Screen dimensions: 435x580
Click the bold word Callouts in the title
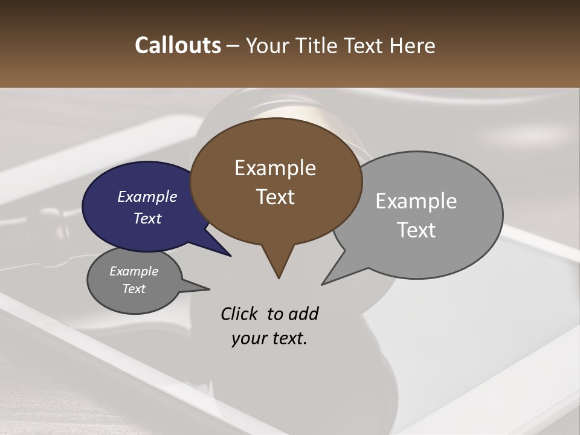pyautogui.click(x=178, y=45)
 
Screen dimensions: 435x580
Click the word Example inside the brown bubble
pyautogui.click(x=275, y=168)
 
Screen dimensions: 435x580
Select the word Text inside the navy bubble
pyautogui.click(x=147, y=219)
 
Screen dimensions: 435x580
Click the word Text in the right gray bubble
pyautogui.click(x=416, y=230)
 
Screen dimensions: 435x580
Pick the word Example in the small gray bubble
pyautogui.click(x=134, y=272)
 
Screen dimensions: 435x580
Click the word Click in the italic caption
pyautogui.click(x=240, y=314)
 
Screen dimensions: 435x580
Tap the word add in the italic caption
pyautogui.click(x=303, y=314)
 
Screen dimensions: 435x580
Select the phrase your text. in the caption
pyautogui.click(x=269, y=338)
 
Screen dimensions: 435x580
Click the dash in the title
pyautogui.click(x=233, y=45)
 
